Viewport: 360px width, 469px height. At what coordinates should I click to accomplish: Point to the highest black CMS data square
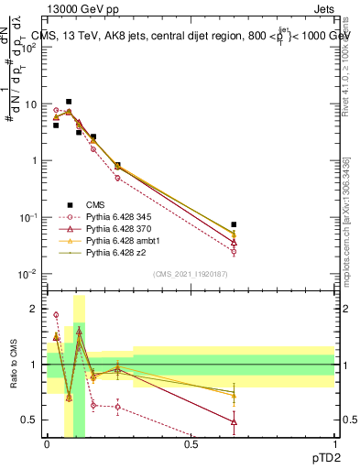69,102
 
